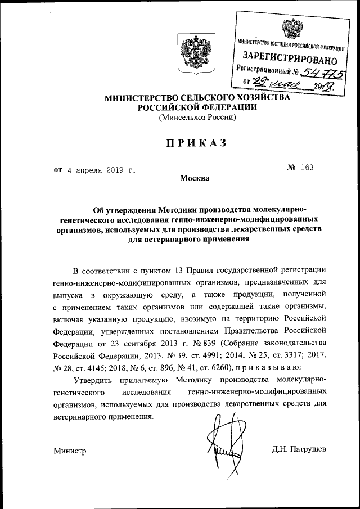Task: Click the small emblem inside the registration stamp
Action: pos(291,26)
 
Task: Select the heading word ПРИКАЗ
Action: pos(196,143)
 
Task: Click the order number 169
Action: pos(307,168)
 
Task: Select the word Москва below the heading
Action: pos(195,179)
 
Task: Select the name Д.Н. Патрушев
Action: pos(299,449)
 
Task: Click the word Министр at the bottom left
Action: pos(70,451)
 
